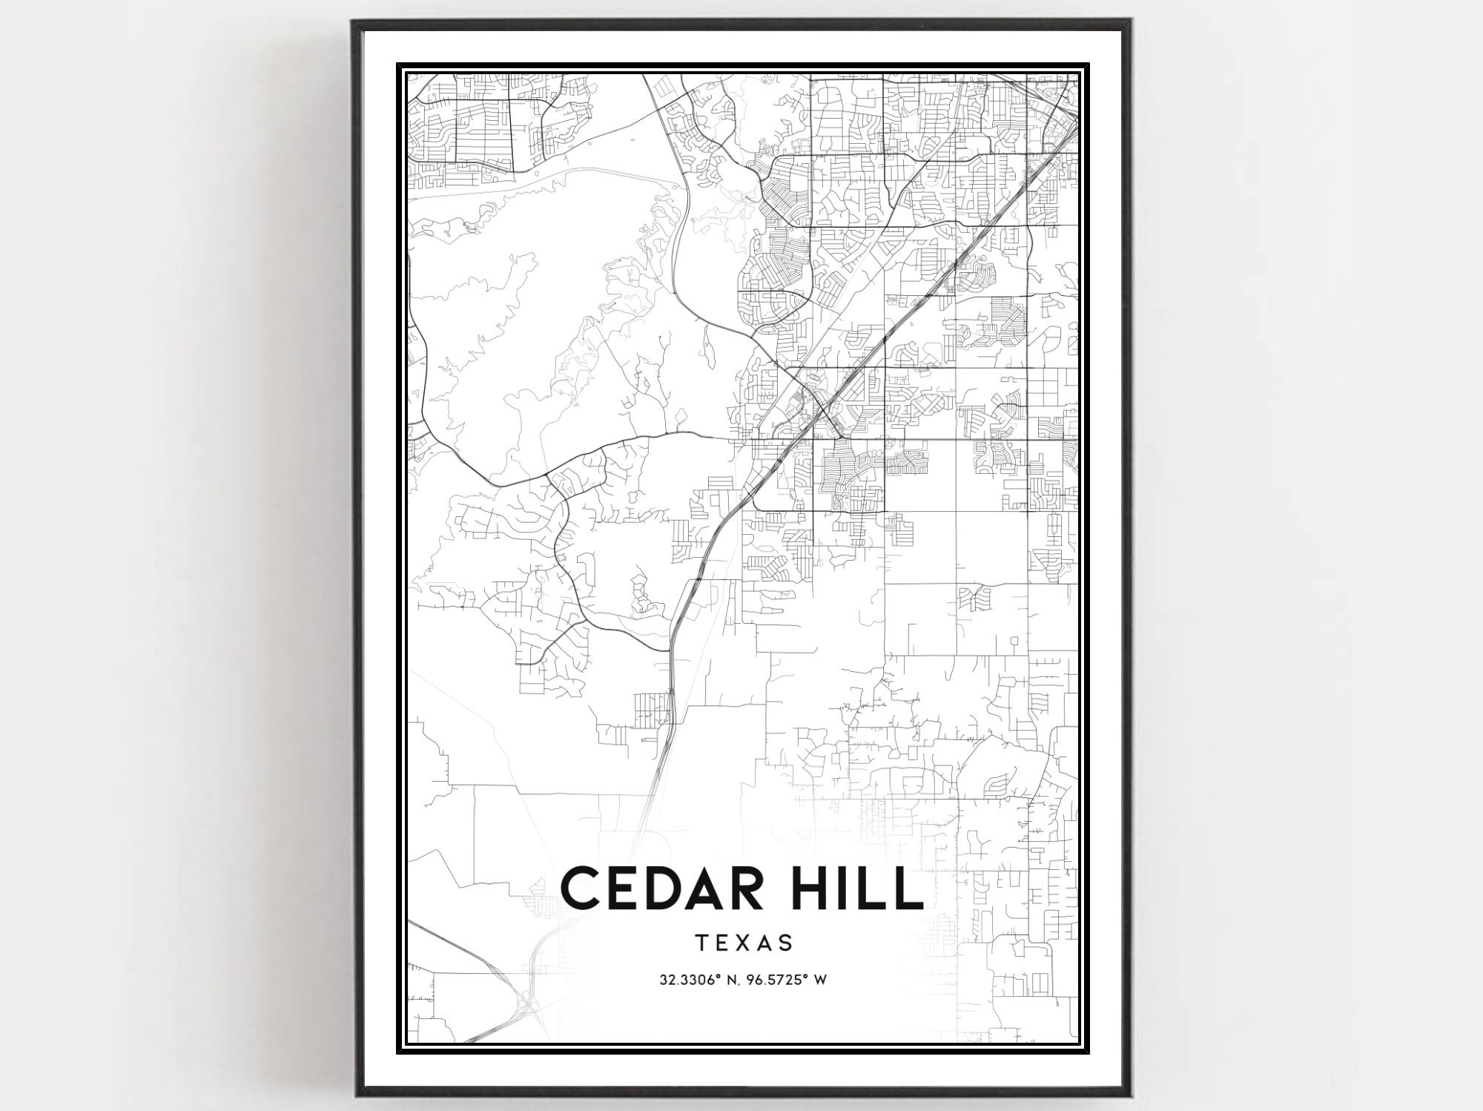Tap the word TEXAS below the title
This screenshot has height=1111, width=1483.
(744, 943)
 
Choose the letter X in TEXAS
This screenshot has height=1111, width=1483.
(744, 943)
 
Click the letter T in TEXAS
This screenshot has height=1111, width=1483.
(701, 943)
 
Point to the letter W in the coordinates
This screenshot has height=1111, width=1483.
(820, 980)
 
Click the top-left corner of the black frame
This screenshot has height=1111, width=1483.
(354, 22)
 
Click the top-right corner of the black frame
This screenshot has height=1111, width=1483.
(1128, 22)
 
